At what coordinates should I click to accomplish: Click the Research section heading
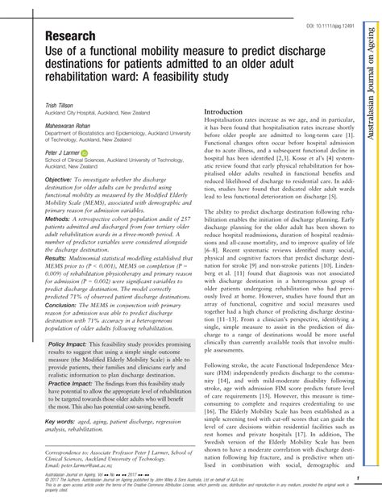(72, 36)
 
